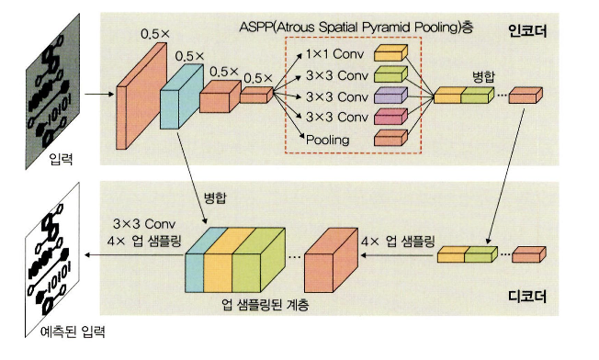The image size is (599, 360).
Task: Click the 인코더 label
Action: tap(527, 31)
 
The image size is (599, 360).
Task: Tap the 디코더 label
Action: tap(527, 297)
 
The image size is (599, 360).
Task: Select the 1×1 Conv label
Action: tap(334, 54)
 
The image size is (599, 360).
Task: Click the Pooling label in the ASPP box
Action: tap(328, 140)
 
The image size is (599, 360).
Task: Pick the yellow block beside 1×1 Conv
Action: tap(390, 53)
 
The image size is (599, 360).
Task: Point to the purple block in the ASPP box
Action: tap(390, 96)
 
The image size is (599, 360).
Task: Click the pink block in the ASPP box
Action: tap(390, 117)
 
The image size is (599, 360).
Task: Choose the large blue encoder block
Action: tap(182, 96)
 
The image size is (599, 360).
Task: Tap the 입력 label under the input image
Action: tap(61, 159)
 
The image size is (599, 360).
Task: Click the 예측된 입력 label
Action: tap(73, 332)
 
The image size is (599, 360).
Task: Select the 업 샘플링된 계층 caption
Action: tap(266, 304)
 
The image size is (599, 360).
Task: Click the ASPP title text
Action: tap(356, 28)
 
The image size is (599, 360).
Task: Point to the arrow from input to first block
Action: tap(99, 94)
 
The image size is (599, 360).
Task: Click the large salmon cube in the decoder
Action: tap(331, 260)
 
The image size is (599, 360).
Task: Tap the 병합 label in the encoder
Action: tap(483, 77)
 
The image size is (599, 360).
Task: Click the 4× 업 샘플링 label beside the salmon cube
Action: tap(398, 242)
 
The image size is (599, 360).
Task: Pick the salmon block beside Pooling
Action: tap(390, 138)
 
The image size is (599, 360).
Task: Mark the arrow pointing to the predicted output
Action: tap(135, 254)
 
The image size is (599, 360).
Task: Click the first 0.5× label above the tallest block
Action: tap(155, 34)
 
